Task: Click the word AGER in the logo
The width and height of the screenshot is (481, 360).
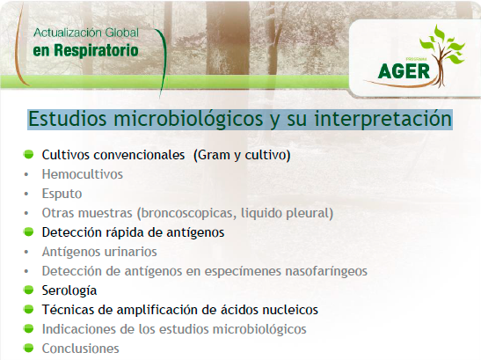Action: pos(404,71)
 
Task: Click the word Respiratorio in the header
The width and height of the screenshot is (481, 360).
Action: pos(97,51)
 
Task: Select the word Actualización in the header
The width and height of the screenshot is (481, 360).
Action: pos(68,33)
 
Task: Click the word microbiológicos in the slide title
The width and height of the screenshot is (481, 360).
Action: pos(188,119)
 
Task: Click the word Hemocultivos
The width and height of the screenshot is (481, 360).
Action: pos(82,174)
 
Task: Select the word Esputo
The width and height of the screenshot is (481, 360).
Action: pos(62,194)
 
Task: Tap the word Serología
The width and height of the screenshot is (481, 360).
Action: pos(69,290)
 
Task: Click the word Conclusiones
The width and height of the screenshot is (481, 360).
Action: pos(80,349)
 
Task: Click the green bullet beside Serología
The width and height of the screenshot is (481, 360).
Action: pos(28,290)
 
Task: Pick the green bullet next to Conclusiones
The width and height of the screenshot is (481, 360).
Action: pos(28,348)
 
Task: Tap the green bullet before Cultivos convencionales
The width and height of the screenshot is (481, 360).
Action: pos(28,154)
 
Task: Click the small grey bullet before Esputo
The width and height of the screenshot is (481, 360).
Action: pos(26,195)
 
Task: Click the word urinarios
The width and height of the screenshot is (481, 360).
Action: pos(131,252)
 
